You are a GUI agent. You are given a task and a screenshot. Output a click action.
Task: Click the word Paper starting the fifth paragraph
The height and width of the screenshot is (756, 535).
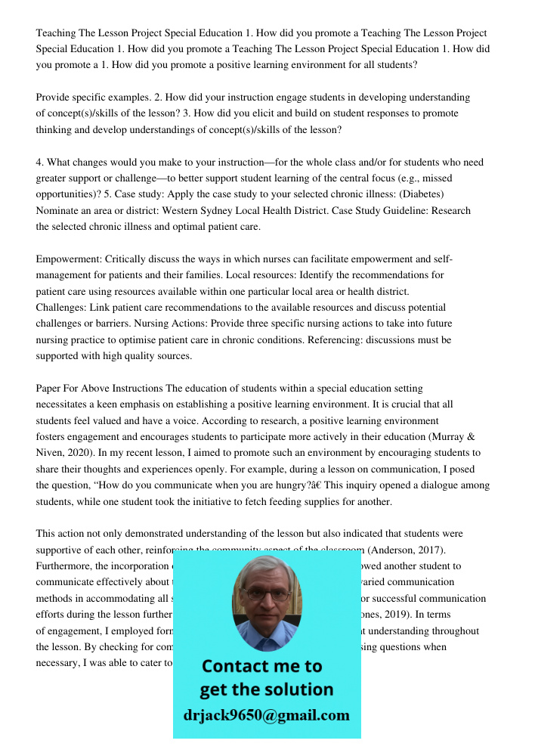pos(49,388)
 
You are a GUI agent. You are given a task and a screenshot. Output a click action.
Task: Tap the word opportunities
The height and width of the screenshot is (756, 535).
pos(64,194)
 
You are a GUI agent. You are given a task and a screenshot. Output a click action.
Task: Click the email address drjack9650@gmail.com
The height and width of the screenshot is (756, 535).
pos(267,714)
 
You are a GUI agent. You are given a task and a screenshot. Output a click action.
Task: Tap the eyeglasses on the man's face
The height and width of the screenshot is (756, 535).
pos(266,594)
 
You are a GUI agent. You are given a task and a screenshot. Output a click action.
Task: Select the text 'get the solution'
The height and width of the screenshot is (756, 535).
pos(267,689)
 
